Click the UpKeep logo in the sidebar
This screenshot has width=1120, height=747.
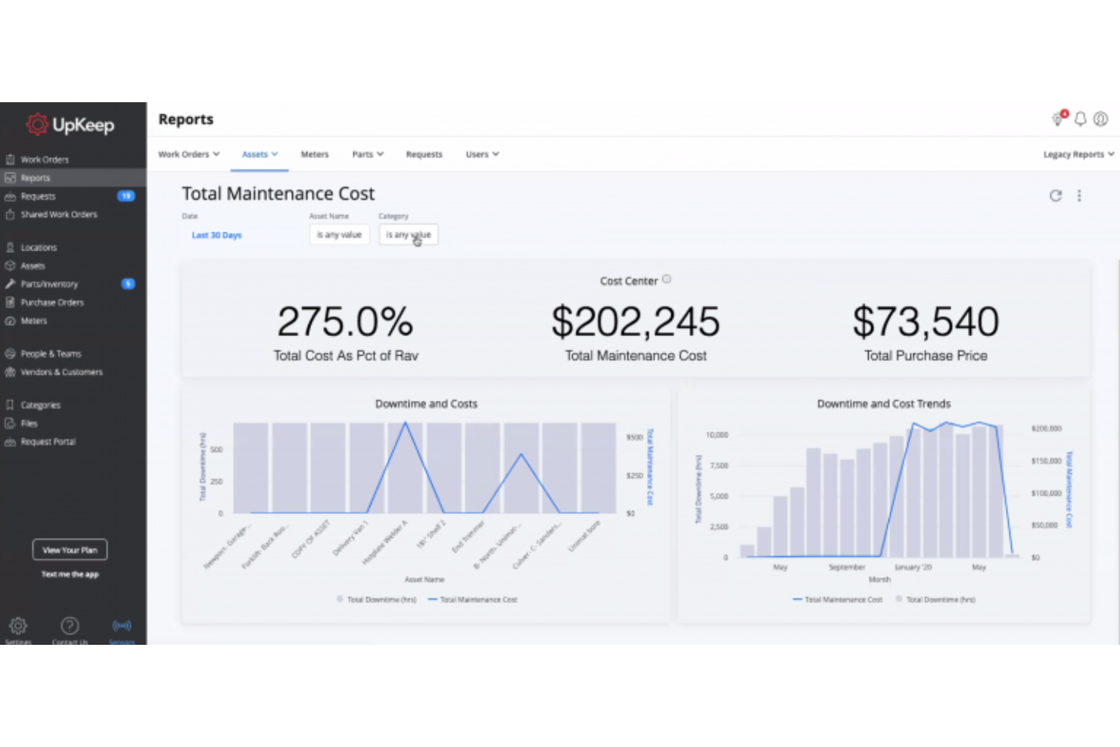(x=70, y=125)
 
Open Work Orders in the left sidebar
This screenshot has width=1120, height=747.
(x=45, y=160)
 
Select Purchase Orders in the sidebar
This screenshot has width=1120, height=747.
(x=52, y=303)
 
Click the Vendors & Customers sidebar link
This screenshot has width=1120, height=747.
(x=61, y=372)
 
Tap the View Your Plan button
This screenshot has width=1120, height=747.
(x=70, y=550)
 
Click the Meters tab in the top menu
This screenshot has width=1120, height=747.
(x=314, y=154)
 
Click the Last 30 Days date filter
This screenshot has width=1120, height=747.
(x=216, y=235)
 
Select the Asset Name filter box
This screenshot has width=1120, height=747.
(x=339, y=235)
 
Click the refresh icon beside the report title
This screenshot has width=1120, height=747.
(x=1056, y=196)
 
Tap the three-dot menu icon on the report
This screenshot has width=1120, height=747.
(x=1079, y=196)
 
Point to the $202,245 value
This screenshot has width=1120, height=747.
(x=635, y=322)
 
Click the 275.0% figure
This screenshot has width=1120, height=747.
(x=345, y=322)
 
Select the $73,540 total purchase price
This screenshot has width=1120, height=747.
(x=926, y=322)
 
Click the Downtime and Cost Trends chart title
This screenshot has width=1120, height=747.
(x=883, y=404)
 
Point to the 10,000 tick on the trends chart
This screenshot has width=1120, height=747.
(x=717, y=435)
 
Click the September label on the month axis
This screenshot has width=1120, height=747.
(x=846, y=567)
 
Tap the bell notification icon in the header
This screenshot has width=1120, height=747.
(x=1080, y=119)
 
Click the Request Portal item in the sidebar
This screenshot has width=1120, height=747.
(x=48, y=442)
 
